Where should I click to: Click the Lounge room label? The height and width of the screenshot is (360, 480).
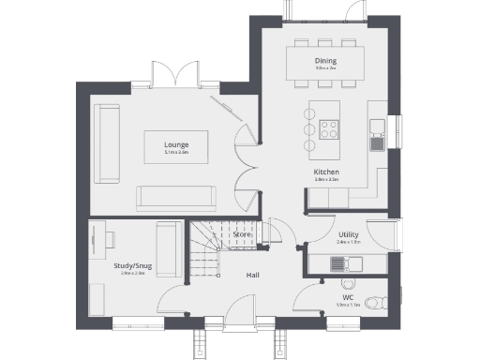pyautogui.click(x=176, y=145)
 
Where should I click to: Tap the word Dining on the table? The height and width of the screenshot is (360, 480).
pyautogui.click(x=325, y=62)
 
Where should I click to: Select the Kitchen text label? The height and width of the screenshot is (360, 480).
pyautogui.click(x=326, y=173)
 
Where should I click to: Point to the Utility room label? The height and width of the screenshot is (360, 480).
pyautogui.click(x=349, y=234)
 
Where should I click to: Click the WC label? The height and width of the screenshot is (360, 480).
pyautogui.click(x=348, y=297)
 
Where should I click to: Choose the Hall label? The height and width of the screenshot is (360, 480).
pyautogui.click(x=253, y=275)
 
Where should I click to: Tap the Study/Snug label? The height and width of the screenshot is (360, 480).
pyautogui.click(x=129, y=266)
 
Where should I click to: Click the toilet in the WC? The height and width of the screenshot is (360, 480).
pyautogui.click(x=374, y=301)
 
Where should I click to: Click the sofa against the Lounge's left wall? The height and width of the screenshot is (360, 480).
pyautogui.click(x=107, y=144)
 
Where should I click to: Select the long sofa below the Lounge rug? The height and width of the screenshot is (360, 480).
pyautogui.click(x=176, y=198)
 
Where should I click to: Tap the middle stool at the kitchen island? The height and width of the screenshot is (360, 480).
pyautogui.click(x=307, y=129)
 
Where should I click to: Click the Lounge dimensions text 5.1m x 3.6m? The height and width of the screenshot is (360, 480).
pyautogui.click(x=176, y=153)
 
